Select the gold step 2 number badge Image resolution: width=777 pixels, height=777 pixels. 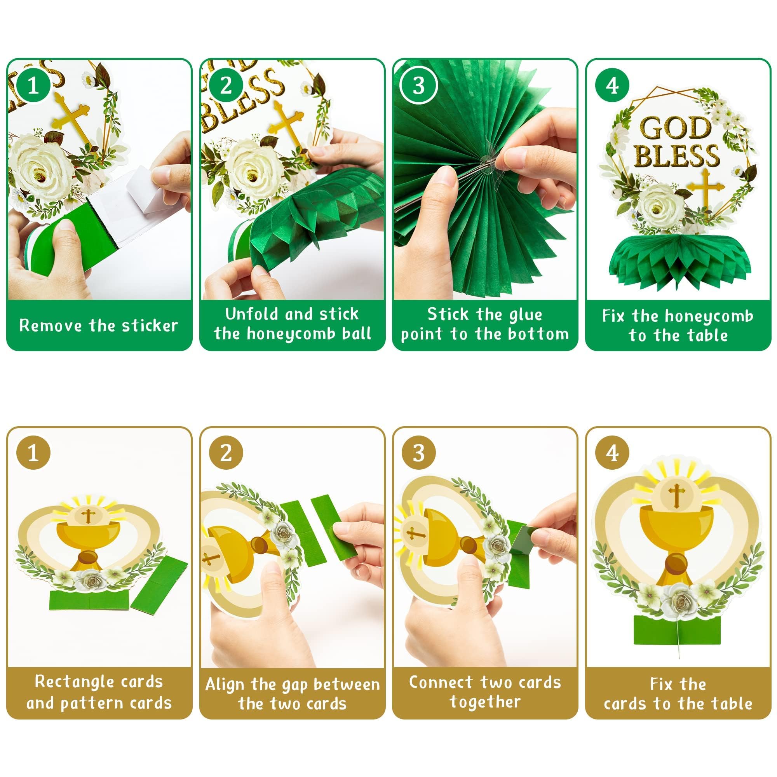pos(226,453)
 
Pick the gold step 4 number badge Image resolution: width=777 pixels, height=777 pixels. pos(612,453)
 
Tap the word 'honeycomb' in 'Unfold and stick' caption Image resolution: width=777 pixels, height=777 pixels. pos(292,334)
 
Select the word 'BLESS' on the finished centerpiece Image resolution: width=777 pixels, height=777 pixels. pos(677,156)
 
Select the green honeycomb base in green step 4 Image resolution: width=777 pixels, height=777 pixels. pos(679,261)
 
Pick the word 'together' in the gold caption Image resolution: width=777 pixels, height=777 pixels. pos(484,701)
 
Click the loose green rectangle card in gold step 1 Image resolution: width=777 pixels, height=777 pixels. pos(160,581)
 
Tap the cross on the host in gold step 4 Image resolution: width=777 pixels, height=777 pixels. pos(677,494)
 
